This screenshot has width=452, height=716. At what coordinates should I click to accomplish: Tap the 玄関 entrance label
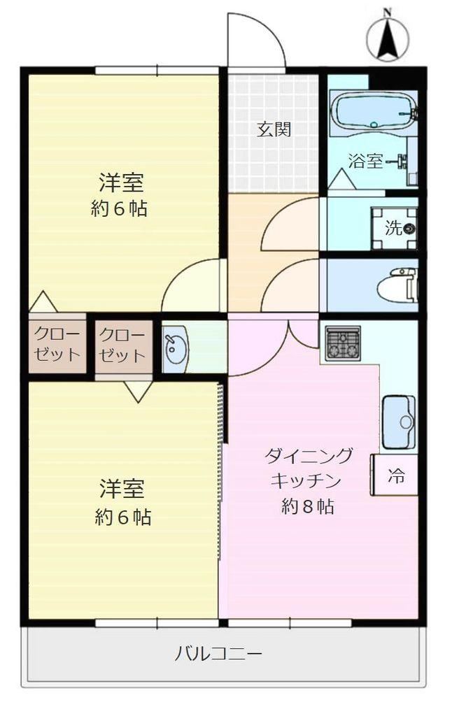click(274, 129)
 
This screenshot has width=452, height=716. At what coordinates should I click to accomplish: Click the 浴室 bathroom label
click(365, 161)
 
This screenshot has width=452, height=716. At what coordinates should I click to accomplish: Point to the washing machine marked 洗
click(394, 228)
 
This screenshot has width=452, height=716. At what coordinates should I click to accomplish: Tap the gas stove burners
click(342, 342)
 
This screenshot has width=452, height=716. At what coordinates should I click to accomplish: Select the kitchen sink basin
click(398, 422)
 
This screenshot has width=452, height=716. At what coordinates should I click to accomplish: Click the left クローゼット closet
click(57, 345)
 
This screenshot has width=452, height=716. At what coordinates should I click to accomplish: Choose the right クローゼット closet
click(123, 345)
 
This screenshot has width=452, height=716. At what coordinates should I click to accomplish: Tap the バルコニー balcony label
click(218, 654)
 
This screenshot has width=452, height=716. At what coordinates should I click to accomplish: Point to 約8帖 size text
click(307, 506)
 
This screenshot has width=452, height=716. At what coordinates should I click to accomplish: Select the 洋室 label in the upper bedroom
click(121, 183)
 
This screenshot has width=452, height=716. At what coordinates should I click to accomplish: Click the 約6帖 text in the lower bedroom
click(122, 517)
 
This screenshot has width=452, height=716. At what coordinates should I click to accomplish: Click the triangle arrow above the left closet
click(43, 301)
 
